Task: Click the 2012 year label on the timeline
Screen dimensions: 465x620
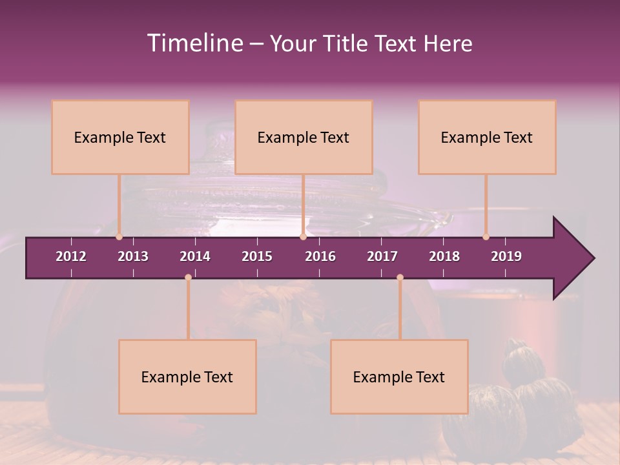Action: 71,256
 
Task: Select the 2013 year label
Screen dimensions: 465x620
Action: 133,256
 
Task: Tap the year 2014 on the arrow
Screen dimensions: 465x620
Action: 195,256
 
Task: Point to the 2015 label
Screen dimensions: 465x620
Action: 257,256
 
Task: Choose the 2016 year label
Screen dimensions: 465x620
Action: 320,256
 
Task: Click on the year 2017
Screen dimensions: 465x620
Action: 382,256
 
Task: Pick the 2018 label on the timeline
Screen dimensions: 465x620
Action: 444,256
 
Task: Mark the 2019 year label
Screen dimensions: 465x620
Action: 506,256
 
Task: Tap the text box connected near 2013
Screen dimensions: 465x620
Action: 120,137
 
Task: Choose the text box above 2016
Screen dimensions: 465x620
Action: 304,137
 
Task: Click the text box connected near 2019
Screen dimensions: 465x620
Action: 487,137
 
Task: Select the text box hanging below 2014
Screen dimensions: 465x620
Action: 187,377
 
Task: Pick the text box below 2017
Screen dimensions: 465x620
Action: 399,377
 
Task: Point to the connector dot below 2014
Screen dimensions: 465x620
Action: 188,278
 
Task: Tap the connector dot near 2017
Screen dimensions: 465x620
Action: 400,278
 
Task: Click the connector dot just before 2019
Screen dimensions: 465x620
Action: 486,237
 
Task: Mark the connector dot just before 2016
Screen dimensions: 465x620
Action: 303,237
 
